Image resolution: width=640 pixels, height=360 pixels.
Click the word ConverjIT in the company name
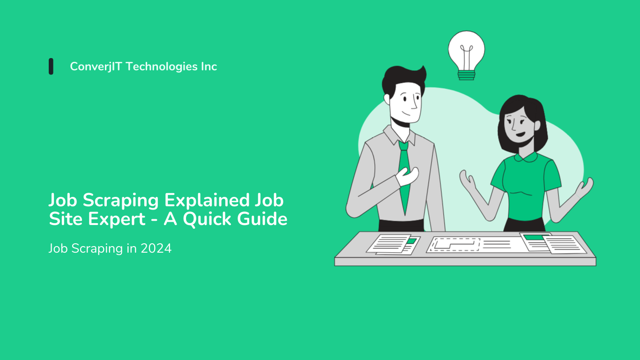(96, 67)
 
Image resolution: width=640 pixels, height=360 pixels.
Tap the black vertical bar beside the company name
(51, 67)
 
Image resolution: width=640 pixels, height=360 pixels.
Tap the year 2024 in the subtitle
(156, 248)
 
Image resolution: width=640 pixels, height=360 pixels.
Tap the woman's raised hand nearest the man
(468, 180)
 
